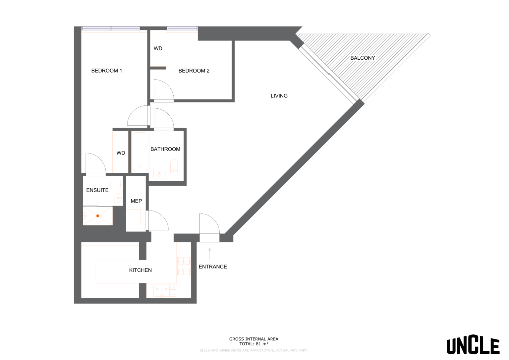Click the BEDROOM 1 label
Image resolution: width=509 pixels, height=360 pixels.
[x=106, y=71]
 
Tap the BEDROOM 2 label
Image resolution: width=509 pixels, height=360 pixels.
[x=194, y=71]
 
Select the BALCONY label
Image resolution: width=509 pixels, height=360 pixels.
[x=363, y=58]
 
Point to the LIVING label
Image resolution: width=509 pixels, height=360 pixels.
[x=279, y=96]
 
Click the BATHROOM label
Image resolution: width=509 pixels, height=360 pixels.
[x=165, y=149]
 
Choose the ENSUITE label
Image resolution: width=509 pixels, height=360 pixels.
[x=97, y=190]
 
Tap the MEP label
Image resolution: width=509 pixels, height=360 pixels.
[x=136, y=201]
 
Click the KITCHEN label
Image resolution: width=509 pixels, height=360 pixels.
[x=141, y=270]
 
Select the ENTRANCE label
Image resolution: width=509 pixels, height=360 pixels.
[x=213, y=267]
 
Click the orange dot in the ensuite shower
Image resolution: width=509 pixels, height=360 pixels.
[x=98, y=216]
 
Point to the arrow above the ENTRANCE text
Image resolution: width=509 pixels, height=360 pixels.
[x=209, y=254]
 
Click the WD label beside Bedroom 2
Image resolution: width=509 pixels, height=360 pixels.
[x=158, y=48]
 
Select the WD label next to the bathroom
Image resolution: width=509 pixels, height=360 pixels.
[x=121, y=153]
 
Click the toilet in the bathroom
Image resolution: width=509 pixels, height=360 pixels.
[x=174, y=166]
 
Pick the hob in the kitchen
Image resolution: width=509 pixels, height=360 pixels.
[x=184, y=267]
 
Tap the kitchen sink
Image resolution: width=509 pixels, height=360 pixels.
[x=161, y=291]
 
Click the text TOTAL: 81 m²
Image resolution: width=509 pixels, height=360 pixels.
[x=254, y=344]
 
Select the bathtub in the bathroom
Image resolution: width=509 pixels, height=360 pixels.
[x=140, y=152]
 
